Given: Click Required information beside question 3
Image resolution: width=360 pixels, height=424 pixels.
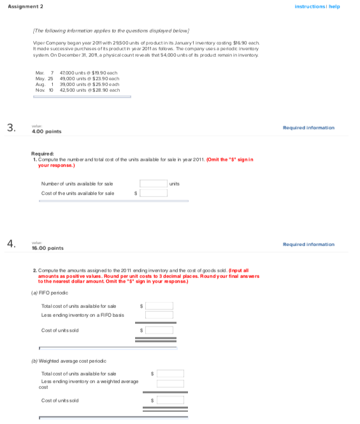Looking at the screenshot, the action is [x=308, y=128].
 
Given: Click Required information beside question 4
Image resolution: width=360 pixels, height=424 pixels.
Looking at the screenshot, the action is [x=308, y=244].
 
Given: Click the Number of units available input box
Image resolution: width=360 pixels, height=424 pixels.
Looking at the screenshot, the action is [x=154, y=184].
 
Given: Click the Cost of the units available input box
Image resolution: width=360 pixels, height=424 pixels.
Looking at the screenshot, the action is [x=154, y=193].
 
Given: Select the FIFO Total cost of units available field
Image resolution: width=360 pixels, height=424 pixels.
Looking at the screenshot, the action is [x=159, y=306].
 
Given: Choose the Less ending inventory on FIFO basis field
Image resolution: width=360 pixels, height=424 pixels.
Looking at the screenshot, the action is [x=159, y=315].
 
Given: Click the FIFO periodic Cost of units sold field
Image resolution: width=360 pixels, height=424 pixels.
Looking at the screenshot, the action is [x=159, y=330].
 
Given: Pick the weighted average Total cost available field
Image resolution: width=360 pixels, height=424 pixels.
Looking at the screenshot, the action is [x=170, y=374].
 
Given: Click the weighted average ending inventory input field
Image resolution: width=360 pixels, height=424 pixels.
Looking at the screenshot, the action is [x=170, y=383].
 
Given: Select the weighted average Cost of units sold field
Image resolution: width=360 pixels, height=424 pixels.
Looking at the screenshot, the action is [x=170, y=400].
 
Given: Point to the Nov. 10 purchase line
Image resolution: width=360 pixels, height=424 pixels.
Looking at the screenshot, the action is [x=78, y=91].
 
